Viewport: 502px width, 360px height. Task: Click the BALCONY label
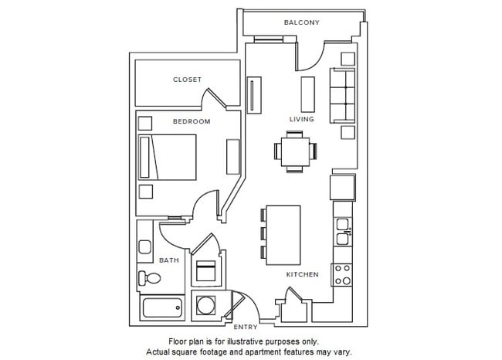(x=301, y=22)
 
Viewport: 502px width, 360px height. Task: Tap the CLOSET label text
(x=187, y=80)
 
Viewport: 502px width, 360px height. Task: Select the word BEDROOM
(x=191, y=122)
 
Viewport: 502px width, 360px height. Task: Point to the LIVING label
(x=301, y=120)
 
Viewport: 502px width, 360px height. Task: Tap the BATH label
(x=169, y=260)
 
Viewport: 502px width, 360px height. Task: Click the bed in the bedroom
(x=168, y=157)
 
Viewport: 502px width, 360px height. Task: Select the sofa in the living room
(x=342, y=96)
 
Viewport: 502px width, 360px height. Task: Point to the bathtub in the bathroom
(x=163, y=308)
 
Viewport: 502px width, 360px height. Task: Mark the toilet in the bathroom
(x=148, y=280)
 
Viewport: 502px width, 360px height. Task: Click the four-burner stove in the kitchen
(x=341, y=274)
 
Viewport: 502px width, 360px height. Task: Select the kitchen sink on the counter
(x=344, y=229)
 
